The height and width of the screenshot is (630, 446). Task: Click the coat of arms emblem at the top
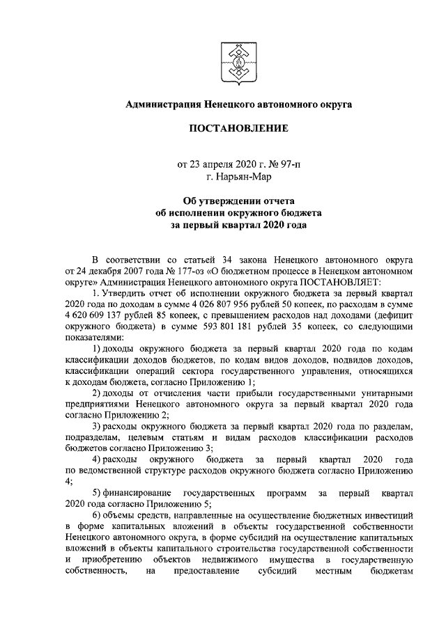pyautogui.click(x=236, y=60)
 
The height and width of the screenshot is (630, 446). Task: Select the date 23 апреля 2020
pyautogui.click(x=222, y=165)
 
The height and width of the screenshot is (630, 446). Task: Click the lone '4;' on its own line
pyautogui.click(x=69, y=480)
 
